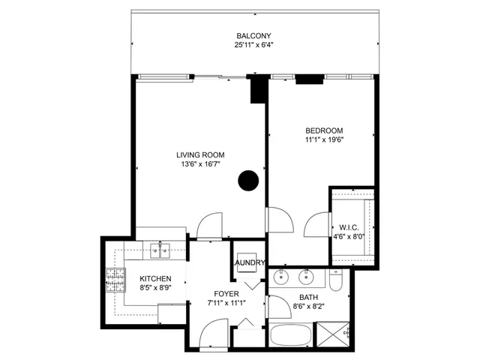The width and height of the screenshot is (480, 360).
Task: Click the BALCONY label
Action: pos(253,36)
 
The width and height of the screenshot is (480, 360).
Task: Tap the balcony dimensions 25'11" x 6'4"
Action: pos(253,46)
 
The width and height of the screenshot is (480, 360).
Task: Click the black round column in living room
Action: pos(248,180)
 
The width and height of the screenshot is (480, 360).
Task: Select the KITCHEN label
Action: pos(155,277)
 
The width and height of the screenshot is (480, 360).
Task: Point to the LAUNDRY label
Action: pos(248,262)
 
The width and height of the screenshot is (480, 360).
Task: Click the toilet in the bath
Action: pos(336,280)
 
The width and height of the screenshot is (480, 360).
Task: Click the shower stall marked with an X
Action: pos(331,333)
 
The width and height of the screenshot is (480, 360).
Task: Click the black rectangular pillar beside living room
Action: pos(258,89)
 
